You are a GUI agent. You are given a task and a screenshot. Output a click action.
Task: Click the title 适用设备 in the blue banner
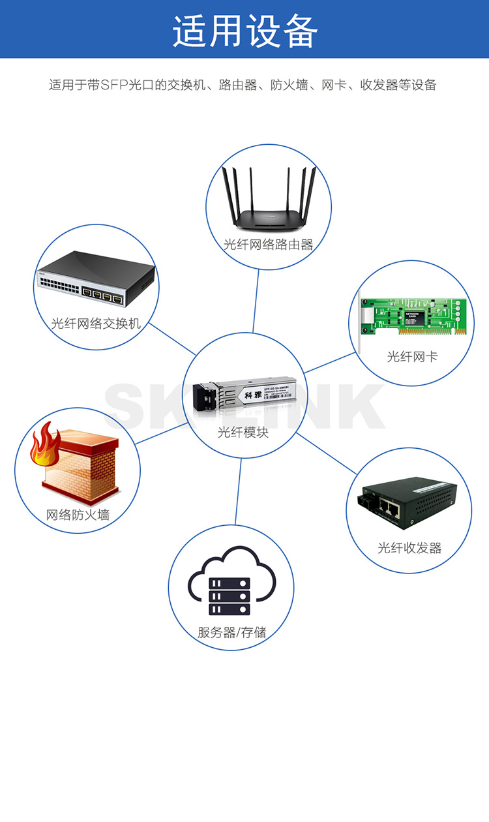pos(244,30)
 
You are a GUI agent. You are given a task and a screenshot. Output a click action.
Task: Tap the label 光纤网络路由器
pos(268,245)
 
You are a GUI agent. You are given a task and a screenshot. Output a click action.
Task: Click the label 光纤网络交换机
pos(96,324)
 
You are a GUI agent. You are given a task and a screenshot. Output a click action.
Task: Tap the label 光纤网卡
pos(412,357)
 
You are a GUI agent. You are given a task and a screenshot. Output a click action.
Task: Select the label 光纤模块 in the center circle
pos(243,433)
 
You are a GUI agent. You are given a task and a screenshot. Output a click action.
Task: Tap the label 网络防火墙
pos(78,515)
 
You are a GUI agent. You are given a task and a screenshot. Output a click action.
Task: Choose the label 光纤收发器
pos(409,548)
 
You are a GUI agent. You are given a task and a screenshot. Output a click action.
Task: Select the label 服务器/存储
pos(231,632)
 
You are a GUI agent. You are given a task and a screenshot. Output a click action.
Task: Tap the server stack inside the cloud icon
pos(229,596)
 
